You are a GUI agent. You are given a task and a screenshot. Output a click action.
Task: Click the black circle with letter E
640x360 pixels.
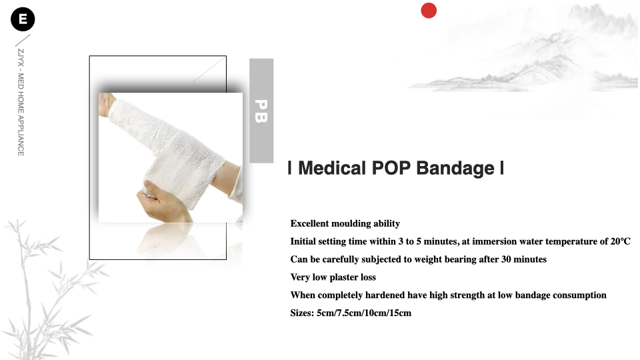23,19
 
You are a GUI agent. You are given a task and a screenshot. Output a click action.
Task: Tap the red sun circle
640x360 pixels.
429,11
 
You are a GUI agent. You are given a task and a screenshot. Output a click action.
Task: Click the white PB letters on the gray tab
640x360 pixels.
261,111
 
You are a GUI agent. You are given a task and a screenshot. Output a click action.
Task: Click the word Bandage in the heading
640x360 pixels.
455,169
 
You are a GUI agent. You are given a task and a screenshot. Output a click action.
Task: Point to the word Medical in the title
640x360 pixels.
332,168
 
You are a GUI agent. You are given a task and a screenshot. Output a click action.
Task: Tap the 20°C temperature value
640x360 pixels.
621,241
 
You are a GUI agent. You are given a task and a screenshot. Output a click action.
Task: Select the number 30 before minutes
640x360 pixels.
506,259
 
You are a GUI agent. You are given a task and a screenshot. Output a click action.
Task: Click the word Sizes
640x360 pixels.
302,313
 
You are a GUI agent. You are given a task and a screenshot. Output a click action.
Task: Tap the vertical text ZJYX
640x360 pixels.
21,57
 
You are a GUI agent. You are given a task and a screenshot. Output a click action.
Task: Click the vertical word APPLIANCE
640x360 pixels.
21,136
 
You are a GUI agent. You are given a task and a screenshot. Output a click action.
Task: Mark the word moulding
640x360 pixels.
351,224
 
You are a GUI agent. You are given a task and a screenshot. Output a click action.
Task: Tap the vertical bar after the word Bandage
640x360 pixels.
502,168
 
